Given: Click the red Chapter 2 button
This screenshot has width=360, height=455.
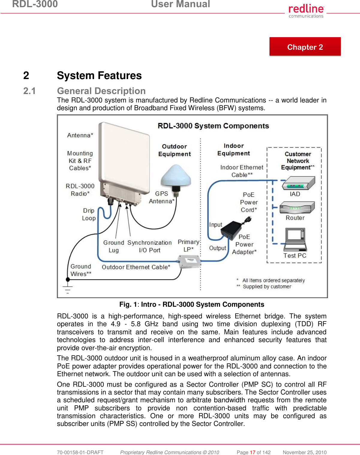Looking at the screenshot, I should click(x=305, y=47).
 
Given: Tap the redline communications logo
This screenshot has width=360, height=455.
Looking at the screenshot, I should click(x=306, y=11).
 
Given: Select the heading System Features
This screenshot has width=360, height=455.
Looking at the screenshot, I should click(x=99, y=75).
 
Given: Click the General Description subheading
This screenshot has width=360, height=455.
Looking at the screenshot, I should click(x=101, y=91).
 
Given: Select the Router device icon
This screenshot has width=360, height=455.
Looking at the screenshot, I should click(x=297, y=207).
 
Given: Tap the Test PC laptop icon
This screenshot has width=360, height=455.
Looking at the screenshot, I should click(x=295, y=239).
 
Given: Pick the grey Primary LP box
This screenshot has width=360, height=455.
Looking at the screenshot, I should click(x=190, y=261).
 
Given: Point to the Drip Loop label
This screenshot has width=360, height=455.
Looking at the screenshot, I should click(x=89, y=214).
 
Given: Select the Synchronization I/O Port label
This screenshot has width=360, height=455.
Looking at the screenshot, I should click(x=149, y=246).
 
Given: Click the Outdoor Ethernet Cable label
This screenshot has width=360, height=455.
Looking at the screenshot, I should click(x=136, y=267).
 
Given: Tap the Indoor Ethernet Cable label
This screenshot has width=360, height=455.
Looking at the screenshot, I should click(x=242, y=171).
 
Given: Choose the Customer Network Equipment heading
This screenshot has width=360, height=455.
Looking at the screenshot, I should click(x=298, y=161).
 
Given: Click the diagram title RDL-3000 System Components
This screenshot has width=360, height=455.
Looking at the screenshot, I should click(x=213, y=126).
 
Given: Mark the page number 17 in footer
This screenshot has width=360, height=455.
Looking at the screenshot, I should click(x=252, y=452).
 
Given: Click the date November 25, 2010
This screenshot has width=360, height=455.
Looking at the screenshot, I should click(x=305, y=452).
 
